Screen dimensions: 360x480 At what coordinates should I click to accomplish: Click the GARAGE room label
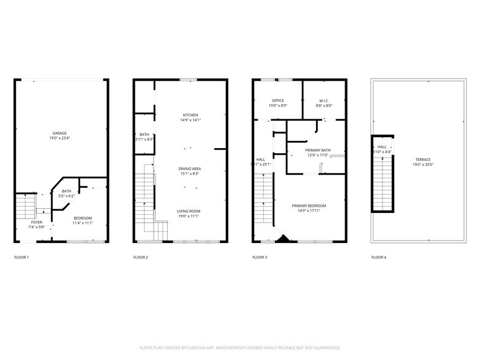point(59,133)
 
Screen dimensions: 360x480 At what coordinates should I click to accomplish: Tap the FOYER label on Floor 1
point(37,222)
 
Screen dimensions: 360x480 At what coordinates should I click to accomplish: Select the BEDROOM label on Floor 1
point(83,218)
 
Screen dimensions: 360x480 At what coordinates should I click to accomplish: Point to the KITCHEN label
point(190,115)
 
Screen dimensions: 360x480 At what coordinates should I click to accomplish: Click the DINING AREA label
point(190,168)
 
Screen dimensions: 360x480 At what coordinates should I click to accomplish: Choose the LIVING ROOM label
point(189,211)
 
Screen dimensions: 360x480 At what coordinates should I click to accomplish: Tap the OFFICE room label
point(279,100)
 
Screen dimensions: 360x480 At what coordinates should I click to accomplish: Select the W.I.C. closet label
point(324,100)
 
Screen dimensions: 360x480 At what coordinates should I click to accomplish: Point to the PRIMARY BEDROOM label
point(309,206)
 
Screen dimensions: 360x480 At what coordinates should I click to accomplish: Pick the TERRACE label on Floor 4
point(422,159)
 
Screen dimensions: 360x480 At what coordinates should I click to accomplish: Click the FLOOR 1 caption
point(21,257)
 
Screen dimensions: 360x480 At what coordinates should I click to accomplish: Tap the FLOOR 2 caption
point(141,257)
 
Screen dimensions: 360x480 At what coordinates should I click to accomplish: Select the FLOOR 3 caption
point(260,257)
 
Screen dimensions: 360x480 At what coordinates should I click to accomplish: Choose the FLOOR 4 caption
point(379,257)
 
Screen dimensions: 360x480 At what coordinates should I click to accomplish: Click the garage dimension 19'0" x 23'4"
point(59,138)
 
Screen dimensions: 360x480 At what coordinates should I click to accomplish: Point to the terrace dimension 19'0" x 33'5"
point(422,165)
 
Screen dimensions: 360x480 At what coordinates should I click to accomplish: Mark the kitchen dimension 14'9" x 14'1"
point(190,121)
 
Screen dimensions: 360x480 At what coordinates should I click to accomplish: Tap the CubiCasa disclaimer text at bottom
point(240,348)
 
